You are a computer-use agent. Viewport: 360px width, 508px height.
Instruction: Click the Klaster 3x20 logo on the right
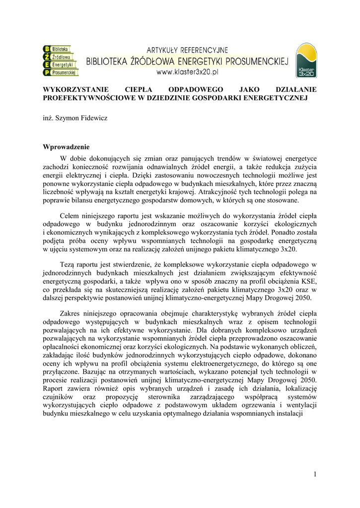coord(306,61)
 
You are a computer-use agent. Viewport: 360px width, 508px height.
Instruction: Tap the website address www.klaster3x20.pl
coord(188,72)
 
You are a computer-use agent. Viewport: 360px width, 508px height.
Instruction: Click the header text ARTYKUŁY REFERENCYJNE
coord(187,50)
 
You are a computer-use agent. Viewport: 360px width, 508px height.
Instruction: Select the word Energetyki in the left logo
coord(63,65)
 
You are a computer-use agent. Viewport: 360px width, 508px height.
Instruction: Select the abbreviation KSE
coord(307,281)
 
